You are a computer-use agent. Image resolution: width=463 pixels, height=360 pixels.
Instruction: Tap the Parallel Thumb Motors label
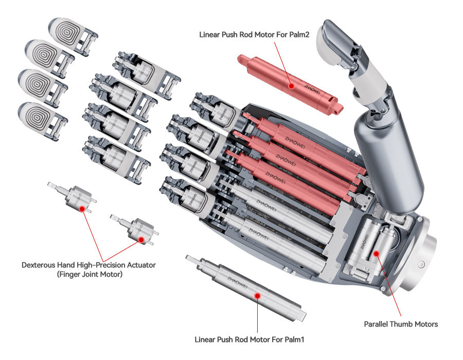tap(401, 324)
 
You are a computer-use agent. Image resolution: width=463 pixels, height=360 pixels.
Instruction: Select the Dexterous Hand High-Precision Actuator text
tap(88, 265)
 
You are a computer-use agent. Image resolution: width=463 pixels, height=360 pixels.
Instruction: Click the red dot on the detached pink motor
tap(292, 86)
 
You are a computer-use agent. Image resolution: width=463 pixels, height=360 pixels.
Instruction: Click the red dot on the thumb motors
tap(376, 253)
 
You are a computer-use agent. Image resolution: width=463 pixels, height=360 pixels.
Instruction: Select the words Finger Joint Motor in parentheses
tap(88, 275)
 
